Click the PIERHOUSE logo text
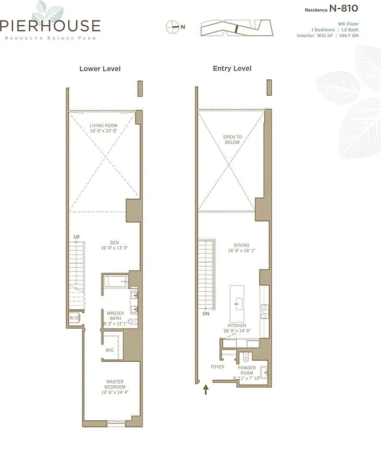(50, 26)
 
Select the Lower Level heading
(100, 69)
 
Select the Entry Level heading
(232, 69)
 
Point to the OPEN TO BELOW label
(232, 139)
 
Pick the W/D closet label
(74, 318)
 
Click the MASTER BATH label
(115, 317)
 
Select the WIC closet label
(110, 350)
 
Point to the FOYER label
(218, 367)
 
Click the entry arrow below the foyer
(205, 389)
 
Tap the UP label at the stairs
(76, 237)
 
